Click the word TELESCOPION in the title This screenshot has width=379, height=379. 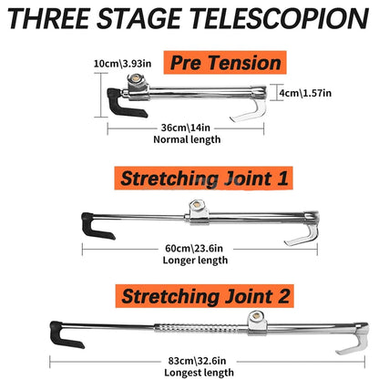point(281,18)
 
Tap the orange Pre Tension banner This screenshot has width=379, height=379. point(225,63)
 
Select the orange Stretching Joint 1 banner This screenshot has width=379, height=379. point(203,179)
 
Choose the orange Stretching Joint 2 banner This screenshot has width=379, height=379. point(205,296)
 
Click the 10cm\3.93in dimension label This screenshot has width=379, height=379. point(122,64)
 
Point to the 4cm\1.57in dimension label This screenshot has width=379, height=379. point(305,93)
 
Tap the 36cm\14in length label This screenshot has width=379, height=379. point(186,128)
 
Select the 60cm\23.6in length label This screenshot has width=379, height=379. point(194,249)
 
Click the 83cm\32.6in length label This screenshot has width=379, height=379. point(198,361)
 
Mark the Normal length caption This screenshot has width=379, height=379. point(187,139)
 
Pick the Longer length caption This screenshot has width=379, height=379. point(195,261)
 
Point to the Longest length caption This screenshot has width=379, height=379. point(200,373)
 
